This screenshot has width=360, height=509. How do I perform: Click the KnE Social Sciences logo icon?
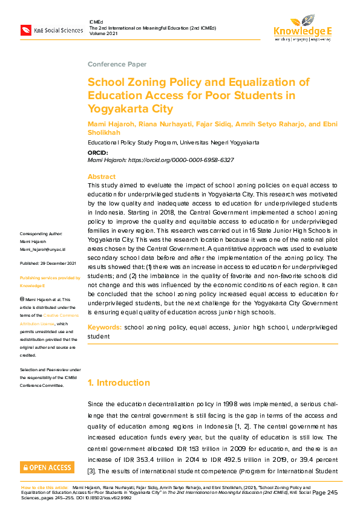point(25,30)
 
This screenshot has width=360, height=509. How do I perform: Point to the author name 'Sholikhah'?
point(104,132)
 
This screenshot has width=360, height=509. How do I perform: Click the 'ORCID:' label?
point(98,153)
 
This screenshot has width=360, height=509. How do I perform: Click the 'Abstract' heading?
point(101,176)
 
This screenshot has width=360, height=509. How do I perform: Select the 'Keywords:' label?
point(105,327)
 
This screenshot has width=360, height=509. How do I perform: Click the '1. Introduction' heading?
point(119,383)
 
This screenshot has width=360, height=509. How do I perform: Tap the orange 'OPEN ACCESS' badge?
point(47,467)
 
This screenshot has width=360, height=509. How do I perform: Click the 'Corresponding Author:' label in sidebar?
point(41,233)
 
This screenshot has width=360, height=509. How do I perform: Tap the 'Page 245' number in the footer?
point(326,493)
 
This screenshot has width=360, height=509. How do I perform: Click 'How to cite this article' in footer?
point(44,487)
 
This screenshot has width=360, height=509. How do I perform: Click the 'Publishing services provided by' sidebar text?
point(50,277)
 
